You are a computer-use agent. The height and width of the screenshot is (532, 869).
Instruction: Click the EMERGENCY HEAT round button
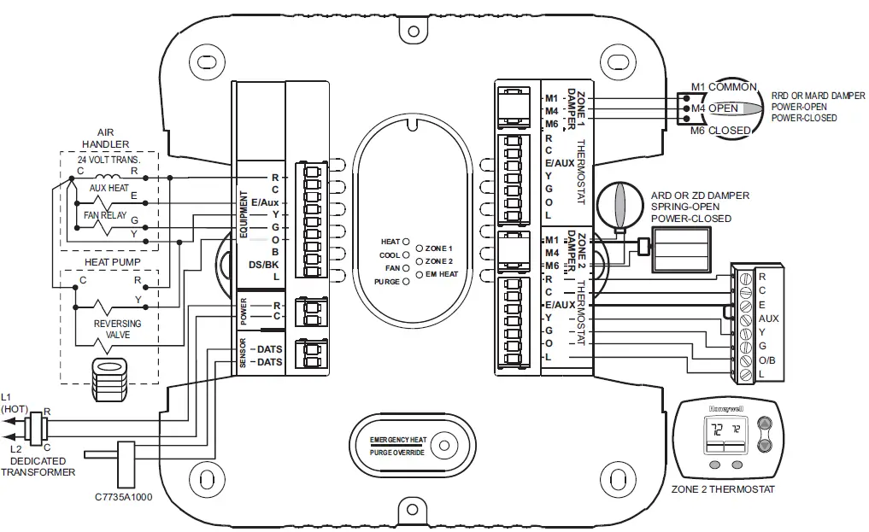click(x=443, y=445)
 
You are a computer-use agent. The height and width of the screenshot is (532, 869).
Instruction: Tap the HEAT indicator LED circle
click(x=406, y=242)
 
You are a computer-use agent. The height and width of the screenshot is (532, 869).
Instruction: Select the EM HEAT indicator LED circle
click(x=419, y=274)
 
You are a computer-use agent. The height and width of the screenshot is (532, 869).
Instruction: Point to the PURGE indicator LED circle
click(x=406, y=281)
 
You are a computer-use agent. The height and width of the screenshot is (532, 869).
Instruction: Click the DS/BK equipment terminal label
click(x=263, y=265)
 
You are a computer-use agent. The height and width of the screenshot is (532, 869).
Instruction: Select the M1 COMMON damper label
click(x=723, y=87)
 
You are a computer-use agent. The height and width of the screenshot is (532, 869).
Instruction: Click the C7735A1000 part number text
click(x=124, y=497)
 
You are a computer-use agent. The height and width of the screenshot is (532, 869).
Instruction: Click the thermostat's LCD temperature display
click(x=723, y=432)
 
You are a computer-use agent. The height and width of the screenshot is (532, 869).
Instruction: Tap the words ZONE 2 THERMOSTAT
click(x=723, y=489)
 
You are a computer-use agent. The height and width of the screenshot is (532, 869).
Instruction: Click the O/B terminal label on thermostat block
click(x=766, y=360)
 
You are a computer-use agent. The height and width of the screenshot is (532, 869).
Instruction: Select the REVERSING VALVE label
click(x=117, y=330)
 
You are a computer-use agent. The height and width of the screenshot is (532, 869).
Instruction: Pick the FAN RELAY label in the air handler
click(x=104, y=216)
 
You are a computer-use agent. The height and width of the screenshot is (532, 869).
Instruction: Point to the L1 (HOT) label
click(x=14, y=403)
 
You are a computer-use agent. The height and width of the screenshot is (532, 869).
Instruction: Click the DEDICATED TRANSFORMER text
click(x=38, y=466)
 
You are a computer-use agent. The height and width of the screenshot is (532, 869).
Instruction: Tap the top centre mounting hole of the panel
click(x=414, y=31)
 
